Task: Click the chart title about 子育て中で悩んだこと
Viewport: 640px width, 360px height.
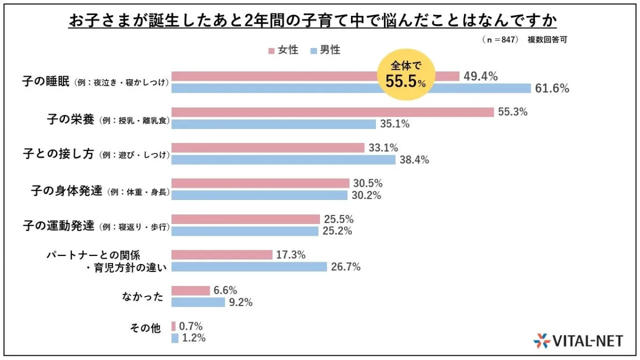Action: (313, 21)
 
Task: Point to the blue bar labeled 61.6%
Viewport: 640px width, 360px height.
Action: (351, 89)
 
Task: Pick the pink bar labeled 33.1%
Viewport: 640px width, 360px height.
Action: (268, 148)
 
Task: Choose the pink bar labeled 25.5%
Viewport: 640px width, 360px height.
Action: (245, 219)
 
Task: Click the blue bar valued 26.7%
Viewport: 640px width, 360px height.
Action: (249, 267)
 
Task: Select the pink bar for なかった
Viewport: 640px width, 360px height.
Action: (190, 291)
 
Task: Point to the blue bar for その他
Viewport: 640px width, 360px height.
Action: (174, 338)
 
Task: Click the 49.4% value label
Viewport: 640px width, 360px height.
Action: (480, 77)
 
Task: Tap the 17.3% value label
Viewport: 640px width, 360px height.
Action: (291, 255)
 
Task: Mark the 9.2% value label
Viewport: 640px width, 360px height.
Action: (241, 302)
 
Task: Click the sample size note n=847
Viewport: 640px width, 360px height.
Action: (500, 39)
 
